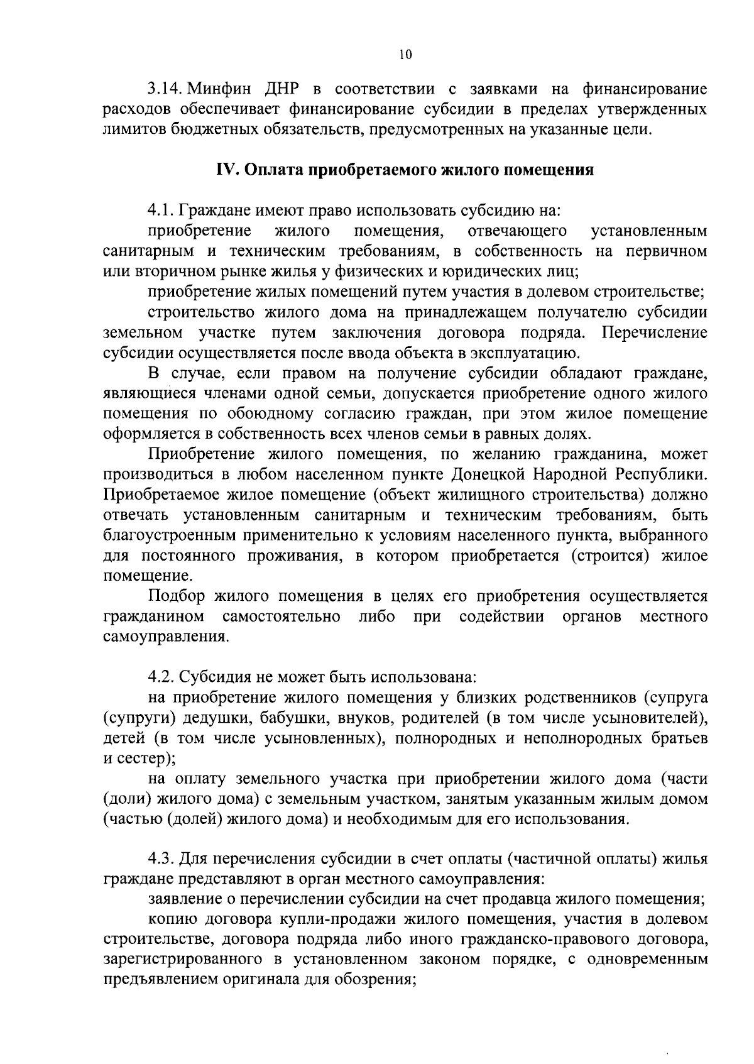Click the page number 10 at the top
(x=405, y=55)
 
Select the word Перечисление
(x=654, y=332)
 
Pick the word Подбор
(x=178, y=596)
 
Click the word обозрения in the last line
(x=373, y=980)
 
